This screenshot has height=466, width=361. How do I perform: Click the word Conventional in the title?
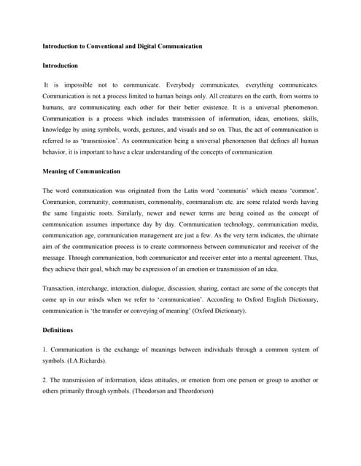click(106, 47)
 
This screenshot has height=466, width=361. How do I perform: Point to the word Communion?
click(61, 202)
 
